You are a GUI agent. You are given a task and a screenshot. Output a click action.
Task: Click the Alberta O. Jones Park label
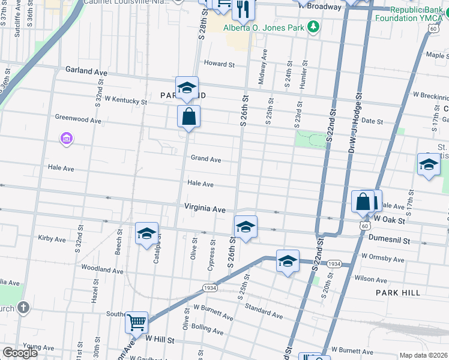(x=263, y=27)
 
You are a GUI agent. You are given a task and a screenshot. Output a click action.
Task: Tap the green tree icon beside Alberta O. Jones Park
(x=312, y=26)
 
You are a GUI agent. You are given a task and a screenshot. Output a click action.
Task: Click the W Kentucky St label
(x=125, y=101)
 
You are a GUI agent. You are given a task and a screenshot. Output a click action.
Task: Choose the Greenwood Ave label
(x=78, y=119)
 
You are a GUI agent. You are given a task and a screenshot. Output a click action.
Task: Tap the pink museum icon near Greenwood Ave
(x=67, y=140)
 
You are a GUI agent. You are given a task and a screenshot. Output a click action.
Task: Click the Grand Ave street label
(x=206, y=159)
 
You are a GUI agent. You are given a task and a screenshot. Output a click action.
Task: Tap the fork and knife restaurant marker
(x=244, y=8)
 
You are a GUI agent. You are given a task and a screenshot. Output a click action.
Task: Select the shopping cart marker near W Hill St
(x=136, y=322)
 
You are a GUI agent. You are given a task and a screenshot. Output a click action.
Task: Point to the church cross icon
(x=23, y=308)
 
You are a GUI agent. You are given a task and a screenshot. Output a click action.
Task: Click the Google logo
(x=20, y=353)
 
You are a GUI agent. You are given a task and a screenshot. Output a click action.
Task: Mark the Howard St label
(x=218, y=64)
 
